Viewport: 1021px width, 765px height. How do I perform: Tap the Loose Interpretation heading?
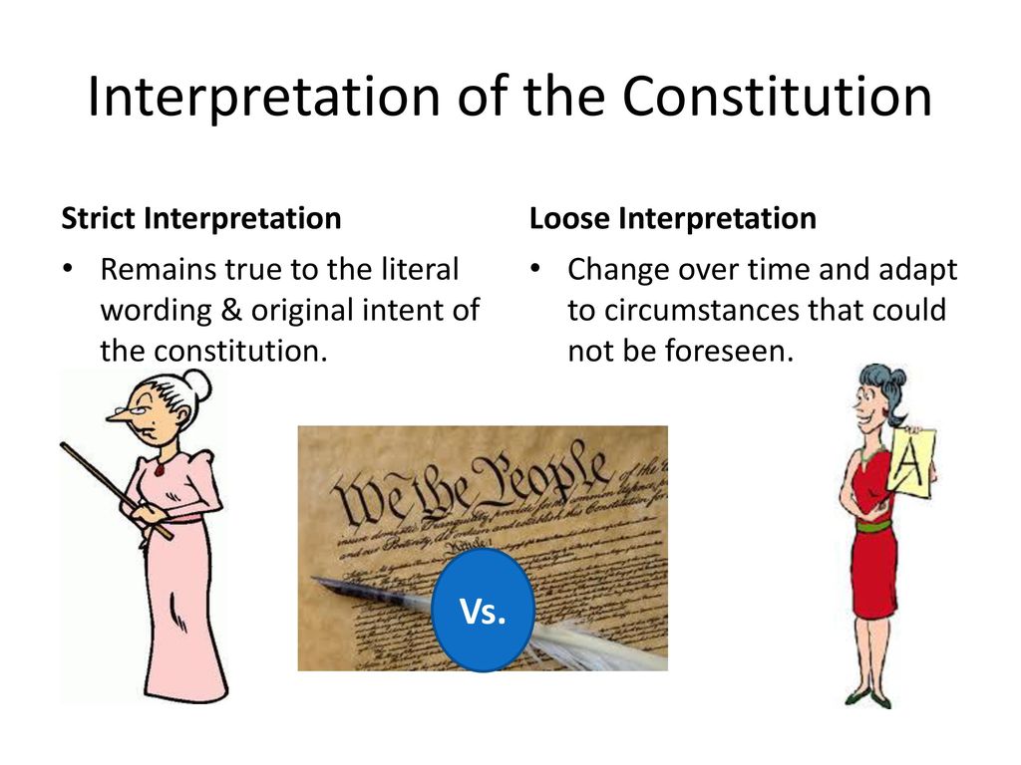tap(673, 218)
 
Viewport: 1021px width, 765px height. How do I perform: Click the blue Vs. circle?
tap(482, 611)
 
